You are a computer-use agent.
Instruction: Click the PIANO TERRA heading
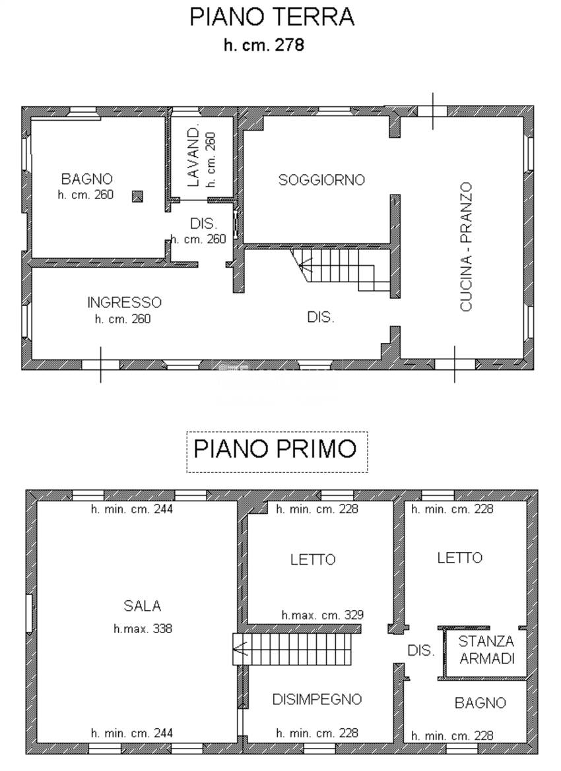tap(272, 16)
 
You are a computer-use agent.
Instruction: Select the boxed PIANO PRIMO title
tap(275, 448)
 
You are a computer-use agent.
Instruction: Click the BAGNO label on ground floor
tap(87, 179)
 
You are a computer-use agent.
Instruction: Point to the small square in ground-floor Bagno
tap(138, 195)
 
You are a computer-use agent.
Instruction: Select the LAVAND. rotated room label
tap(193, 156)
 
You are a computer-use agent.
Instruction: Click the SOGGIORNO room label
tap(321, 179)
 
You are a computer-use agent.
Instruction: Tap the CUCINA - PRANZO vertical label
tap(466, 247)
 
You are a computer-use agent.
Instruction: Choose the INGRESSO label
tap(124, 303)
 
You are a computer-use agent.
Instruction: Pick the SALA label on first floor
tap(142, 606)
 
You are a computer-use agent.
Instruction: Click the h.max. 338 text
tap(143, 629)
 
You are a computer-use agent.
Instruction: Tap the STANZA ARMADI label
tap(486, 650)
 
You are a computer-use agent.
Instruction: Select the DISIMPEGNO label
tap(317, 699)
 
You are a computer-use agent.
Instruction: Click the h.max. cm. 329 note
tap(323, 615)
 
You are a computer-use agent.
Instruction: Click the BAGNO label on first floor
tap(480, 703)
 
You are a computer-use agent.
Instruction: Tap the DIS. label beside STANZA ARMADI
tap(420, 650)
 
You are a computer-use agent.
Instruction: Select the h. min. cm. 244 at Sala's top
tap(132, 509)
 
